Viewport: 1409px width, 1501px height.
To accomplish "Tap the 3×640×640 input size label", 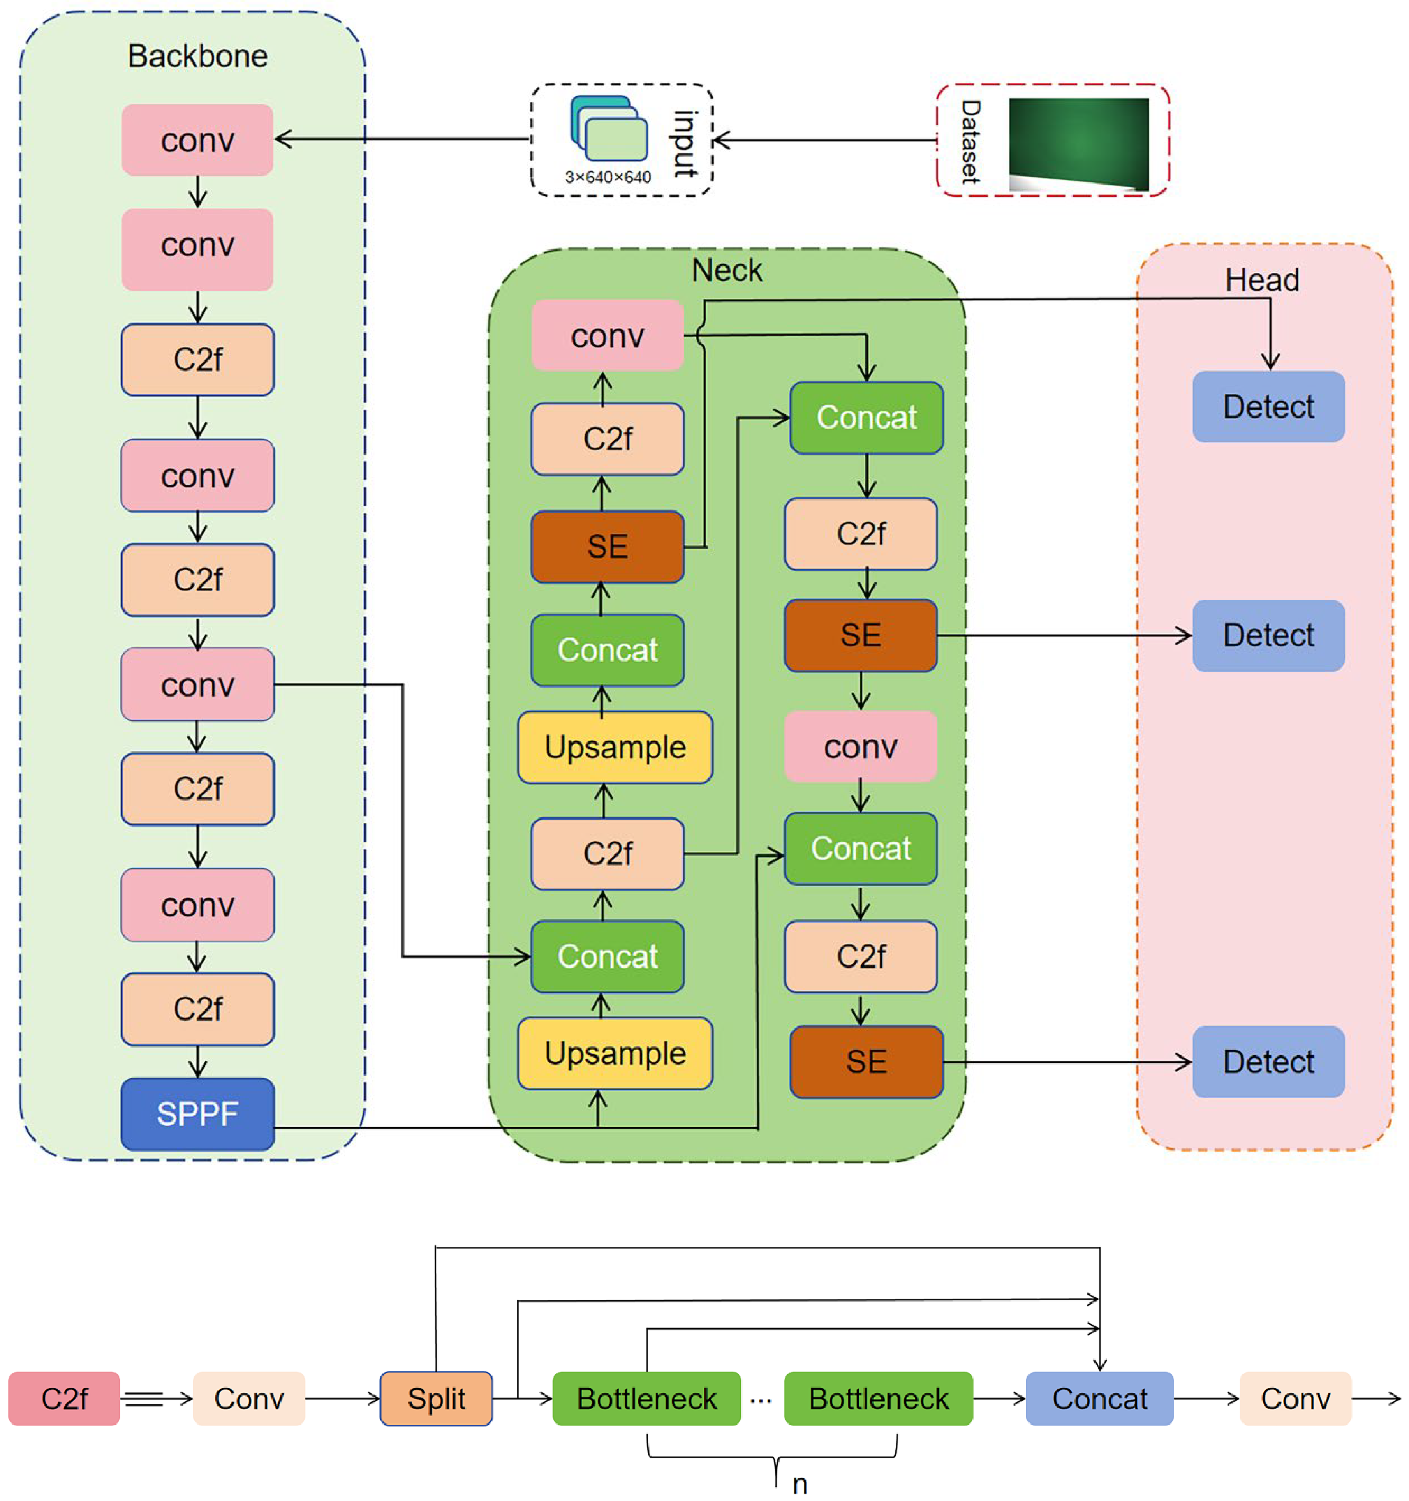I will coord(608,178).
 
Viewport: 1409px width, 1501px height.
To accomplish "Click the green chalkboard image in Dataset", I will coord(1078,143).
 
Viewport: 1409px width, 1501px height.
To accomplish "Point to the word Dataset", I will coord(970,141).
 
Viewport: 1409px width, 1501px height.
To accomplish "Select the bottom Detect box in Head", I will coord(1268,1062).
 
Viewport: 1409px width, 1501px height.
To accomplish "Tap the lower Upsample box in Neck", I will coord(615,1053).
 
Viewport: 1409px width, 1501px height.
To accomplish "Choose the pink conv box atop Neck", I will coord(607,336).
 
